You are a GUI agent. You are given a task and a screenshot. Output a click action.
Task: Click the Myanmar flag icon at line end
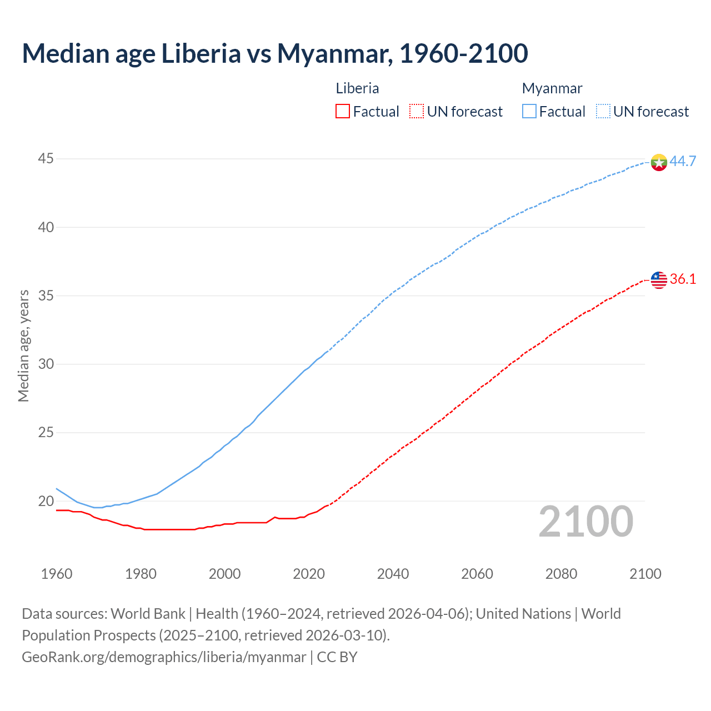coord(659,162)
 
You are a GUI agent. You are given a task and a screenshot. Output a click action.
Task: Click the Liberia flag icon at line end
coord(659,280)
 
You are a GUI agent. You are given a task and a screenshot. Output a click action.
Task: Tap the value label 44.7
coord(683,162)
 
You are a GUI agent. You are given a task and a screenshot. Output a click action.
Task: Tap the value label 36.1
coord(683,279)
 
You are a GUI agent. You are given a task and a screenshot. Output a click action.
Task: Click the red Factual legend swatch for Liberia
coord(343,112)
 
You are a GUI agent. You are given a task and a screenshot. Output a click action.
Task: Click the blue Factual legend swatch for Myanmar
coord(529,112)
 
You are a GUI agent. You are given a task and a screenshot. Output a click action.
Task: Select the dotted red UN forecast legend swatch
coord(417,112)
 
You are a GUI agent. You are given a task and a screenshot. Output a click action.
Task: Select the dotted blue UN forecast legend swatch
coord(603,112)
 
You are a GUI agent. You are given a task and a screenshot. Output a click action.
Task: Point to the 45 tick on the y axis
coord(46,159)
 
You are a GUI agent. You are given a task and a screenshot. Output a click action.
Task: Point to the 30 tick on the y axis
coord(46,364)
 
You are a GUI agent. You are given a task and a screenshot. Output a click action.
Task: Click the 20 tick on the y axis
coord(46,501)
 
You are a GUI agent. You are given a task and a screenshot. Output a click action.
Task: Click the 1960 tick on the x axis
coord(57,574)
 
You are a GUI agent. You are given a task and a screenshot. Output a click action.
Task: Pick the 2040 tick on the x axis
coord(393,574)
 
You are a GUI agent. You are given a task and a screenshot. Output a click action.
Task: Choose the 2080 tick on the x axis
coord(561,574)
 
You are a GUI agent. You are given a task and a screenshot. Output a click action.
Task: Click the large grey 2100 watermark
coord(585,521)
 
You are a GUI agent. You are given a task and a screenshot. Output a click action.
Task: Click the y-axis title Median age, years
coord(23,346)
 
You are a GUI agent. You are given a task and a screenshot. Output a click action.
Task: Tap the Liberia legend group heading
coord(357,88)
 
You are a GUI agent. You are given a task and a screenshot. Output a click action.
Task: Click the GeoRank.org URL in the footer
coord(164,657)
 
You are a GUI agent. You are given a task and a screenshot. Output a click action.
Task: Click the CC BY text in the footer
coord(337,657)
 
